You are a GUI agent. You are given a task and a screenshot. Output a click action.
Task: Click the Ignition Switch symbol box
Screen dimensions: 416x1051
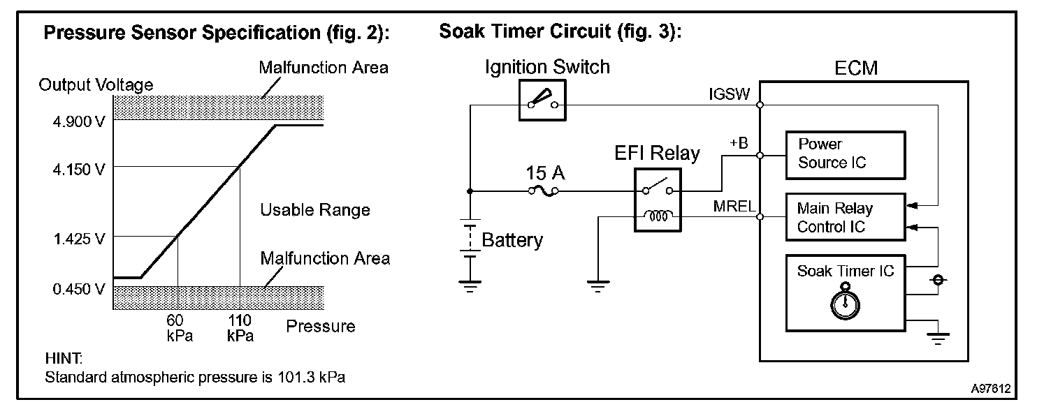pos(542,100)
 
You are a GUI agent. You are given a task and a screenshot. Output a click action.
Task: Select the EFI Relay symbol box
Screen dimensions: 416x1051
pos(656,198)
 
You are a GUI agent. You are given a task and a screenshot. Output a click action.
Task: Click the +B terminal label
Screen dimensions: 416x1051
pos(738,143)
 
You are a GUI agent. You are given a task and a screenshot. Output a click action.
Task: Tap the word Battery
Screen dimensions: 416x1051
pos(512,241)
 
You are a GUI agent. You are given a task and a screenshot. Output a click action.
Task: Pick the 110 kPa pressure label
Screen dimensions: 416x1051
pos(240,327)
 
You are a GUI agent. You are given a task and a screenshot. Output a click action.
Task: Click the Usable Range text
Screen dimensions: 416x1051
pos(314,209)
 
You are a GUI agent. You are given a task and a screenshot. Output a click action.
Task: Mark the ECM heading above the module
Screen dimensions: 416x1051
pos(856,68)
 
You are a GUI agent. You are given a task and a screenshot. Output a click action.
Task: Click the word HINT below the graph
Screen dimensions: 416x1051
pos(64,359)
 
